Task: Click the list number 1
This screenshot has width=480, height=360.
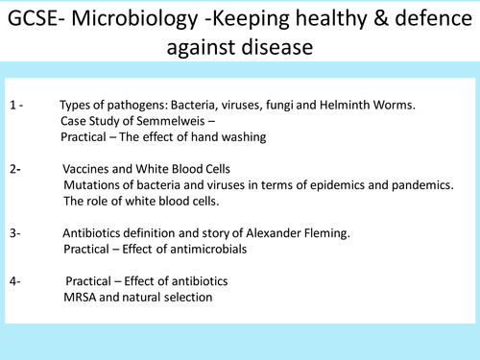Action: click(12, 105)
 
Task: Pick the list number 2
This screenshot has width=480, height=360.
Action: click(12, 169)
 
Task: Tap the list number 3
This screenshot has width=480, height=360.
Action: click(12, 233)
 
